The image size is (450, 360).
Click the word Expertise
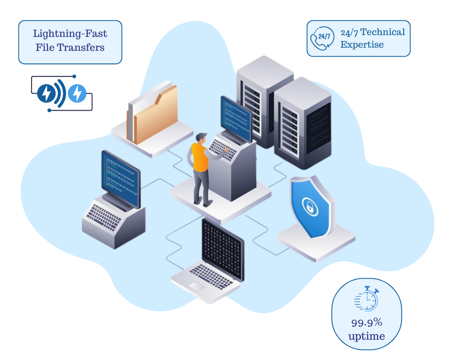[362, 45]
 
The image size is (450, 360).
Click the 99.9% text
[367, 322]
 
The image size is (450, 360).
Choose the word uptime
[367, 336]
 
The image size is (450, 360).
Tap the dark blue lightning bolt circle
[46, 93]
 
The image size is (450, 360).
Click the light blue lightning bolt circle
[77, 93]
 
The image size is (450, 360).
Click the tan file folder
[155, 112]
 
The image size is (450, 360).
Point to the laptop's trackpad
[197, 285]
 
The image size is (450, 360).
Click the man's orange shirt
[199, 157]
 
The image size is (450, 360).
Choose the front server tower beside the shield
[302, 124]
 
